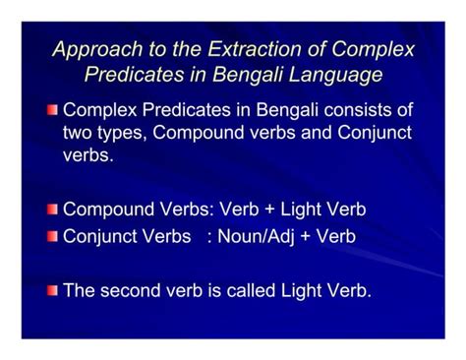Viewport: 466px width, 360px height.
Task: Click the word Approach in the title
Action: [x=89, y=50]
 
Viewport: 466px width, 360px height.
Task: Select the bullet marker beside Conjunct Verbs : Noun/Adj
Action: [x=52, y=236]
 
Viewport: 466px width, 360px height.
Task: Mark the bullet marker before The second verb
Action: [x=52, y=290]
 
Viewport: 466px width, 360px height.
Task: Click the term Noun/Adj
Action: [x=258, y=236]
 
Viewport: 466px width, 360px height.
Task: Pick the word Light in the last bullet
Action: [x=308, y=290]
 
